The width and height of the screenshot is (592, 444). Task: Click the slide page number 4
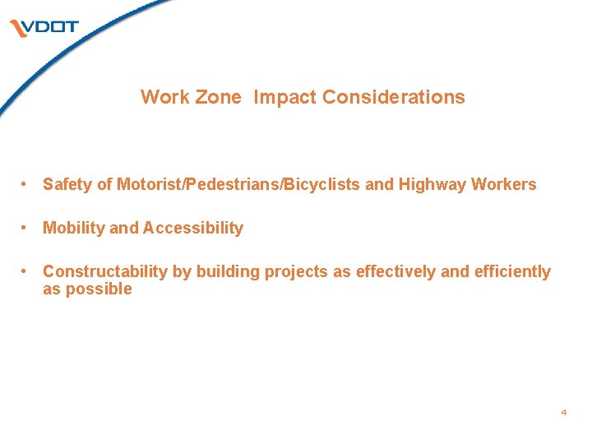[x=563, y=411]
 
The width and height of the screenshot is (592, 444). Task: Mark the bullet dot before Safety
[x=27, y=184]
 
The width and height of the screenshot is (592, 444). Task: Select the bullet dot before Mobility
[x=27, y=228]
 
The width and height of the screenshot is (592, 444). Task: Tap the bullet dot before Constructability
[x=27, y=271]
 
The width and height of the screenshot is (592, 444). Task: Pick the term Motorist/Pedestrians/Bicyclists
[x=238, y=185]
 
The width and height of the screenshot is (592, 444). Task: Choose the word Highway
[x=432, y=185]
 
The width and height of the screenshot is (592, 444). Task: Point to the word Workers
[x=503, y=185]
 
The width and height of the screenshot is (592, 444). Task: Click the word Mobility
[x=73, y=228]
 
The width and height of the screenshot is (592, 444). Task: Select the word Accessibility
[x=193, y=228]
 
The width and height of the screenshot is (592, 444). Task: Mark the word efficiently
[x=512, y=271]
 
